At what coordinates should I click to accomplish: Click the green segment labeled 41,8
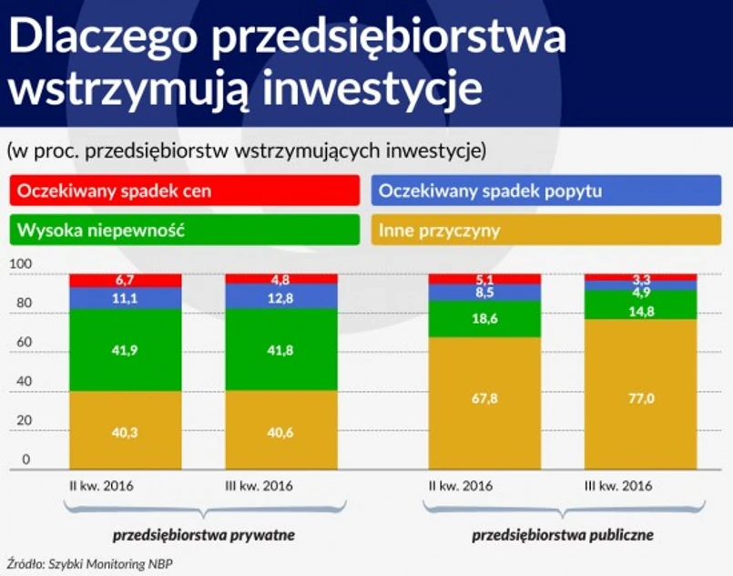tap(254, 351)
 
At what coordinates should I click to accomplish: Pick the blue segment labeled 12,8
tap(254, 296)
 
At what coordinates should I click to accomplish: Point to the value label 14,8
tap(640, 309)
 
